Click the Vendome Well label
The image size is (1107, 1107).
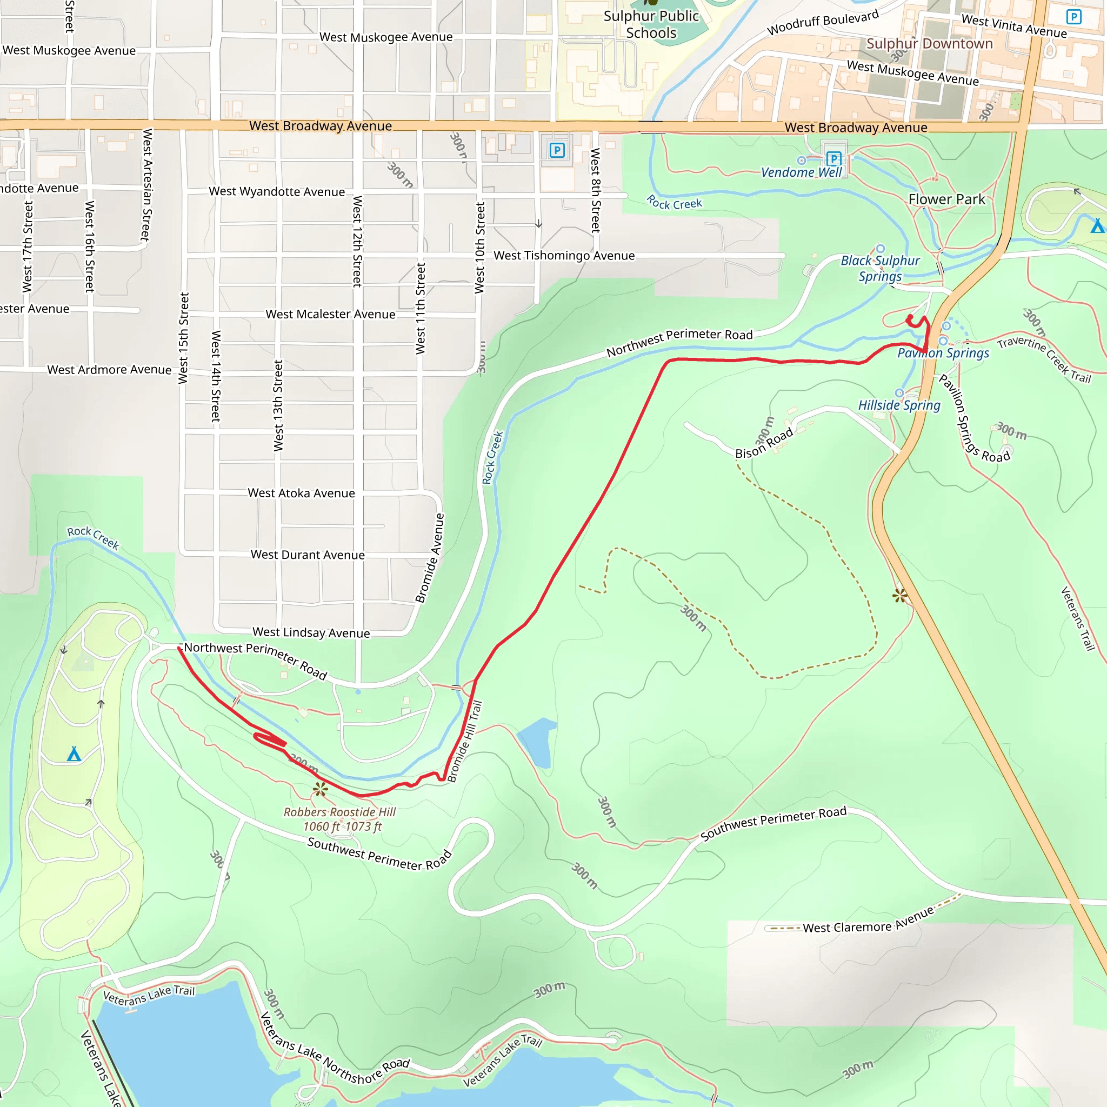[801, 172]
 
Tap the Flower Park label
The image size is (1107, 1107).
[946, 199]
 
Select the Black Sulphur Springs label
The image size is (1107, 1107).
[880, 268]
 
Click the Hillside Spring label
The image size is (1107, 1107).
[899, 405]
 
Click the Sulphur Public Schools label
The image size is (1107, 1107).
[651, 24]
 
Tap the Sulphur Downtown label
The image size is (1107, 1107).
[929, 44]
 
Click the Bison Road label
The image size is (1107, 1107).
[764, 443]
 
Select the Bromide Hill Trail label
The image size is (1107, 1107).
[465, 742]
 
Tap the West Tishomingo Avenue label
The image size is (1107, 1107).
[564, 256]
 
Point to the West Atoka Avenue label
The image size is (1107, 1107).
[301, 493]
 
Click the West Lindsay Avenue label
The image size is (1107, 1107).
[311, 632]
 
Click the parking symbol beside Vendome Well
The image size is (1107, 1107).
[833, 158]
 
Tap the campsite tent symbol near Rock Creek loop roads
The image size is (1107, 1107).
[74, 754]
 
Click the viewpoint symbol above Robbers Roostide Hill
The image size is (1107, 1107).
[321, 790]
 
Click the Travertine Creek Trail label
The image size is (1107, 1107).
[1043, 359]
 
